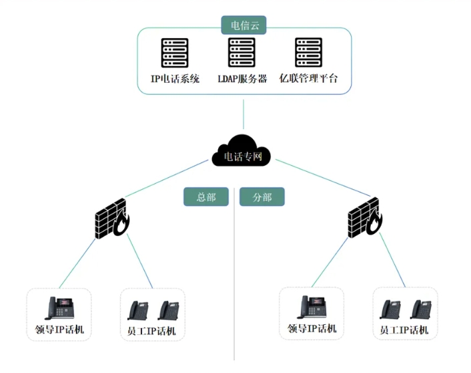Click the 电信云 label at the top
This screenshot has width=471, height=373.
[244, 25]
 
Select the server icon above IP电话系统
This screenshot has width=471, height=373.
[175, 53]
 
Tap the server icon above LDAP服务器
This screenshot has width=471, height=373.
[242, 53]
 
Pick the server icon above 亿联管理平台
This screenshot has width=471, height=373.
[308, 53]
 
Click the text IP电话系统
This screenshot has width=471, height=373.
[175, 79]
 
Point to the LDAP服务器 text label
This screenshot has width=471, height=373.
[242, 79]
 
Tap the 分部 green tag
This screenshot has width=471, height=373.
[262, 197]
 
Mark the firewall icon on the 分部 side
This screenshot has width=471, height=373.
[364, 217]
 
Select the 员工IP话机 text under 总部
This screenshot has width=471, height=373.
[151, 331]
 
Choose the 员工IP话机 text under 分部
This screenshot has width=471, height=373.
[404, 330]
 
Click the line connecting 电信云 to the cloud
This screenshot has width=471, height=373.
[244, 114]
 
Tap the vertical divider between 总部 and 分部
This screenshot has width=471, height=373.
[234, 281]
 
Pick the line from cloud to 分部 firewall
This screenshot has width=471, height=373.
[314, 176]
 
